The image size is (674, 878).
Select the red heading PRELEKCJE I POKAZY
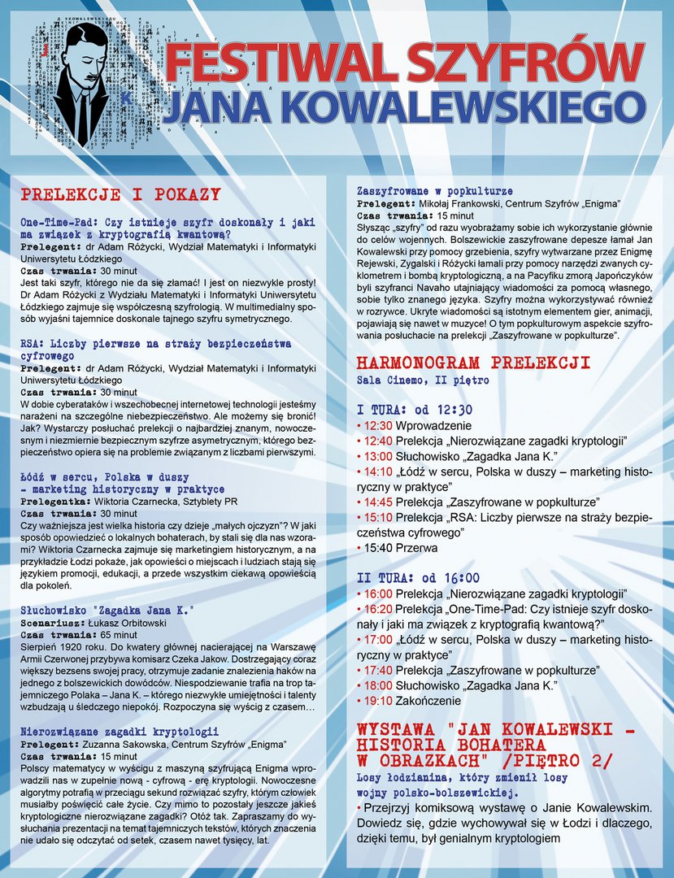pos(120,194)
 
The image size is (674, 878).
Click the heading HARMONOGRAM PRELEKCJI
pos(473,363)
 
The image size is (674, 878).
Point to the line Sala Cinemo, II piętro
pos(423,380)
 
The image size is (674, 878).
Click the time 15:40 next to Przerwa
pos(378,548)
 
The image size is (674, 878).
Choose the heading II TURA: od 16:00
pos(418,578)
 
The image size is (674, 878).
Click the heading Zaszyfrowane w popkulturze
pos(434,190)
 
